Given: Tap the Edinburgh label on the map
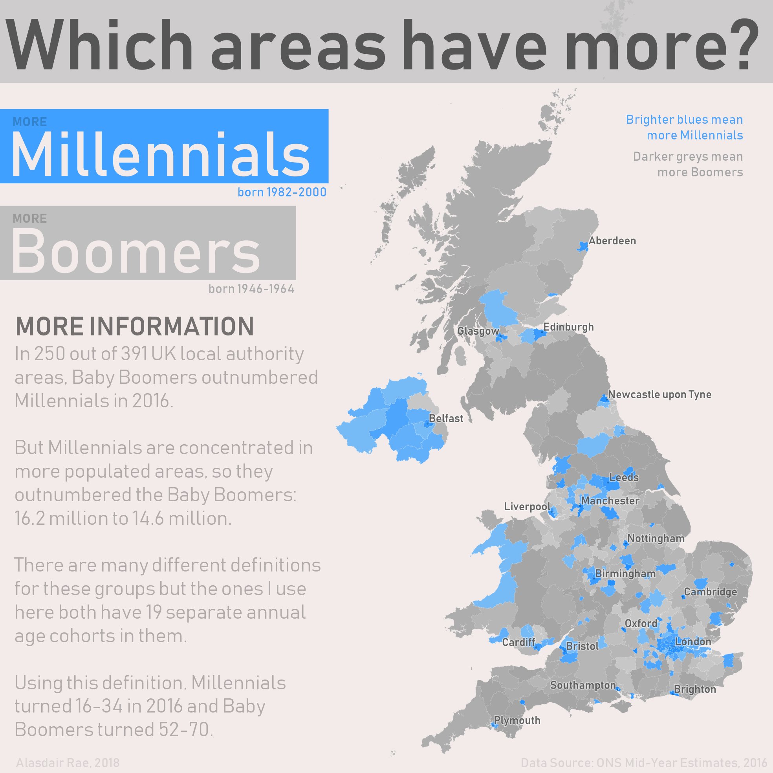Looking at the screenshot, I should click(x=568, y=327).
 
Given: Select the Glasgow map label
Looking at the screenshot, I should click(x=478, y=331).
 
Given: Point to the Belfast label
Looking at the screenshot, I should click(x=446, y=418).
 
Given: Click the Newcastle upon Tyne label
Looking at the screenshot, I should click(x=659, y=394).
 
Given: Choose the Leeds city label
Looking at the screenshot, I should click(x=624, y=477).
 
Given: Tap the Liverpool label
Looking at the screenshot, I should click(x=527, y=507).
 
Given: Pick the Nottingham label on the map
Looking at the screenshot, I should click(x=656, y=539).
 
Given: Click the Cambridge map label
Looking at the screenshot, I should click(x=710, y=592).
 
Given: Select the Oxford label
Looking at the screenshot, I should click(x=641, y=623).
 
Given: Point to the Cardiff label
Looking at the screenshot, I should click(x=518, y=642).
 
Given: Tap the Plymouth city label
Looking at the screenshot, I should click(x=517, y=721).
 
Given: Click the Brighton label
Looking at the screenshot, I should click(x=695, y=689).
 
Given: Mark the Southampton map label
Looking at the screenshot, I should click(x=582, y=685).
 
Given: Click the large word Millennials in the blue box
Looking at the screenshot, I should click(x=160, y=154).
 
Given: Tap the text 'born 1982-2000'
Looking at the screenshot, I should click(x=282, y=192).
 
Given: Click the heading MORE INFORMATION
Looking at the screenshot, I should click(x=134, y=326).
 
